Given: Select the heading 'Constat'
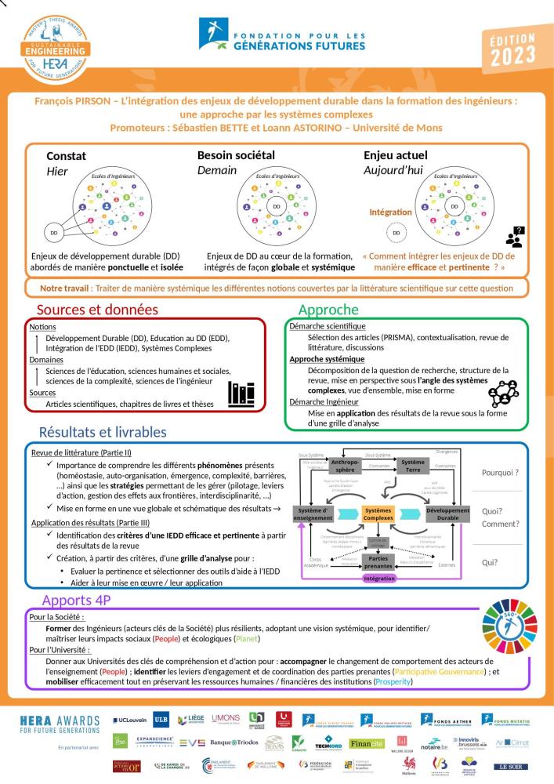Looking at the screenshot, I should pyautogui.click(x=66, y=155).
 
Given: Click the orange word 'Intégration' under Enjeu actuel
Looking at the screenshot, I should pyautogui.click(x=389, y=212).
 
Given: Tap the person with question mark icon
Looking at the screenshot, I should pyautogui.click(x=515, y=235).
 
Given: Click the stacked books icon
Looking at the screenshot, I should pyautogui.click(x=241, y=394).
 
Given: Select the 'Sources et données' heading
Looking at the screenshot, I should pyautogui.click(x=97, y=310).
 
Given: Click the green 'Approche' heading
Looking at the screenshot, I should pyautogui.click(x=328, y=310).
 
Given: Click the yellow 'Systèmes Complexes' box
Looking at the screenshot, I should pyautogui.click(x=382, y=514).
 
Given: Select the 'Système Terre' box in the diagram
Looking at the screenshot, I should pyautogui.click(x=413, y=466).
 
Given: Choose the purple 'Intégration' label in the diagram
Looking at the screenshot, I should pyautogui.click(x=383, y=579).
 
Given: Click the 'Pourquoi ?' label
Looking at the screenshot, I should pyautogui.click(x=501, y=474).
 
